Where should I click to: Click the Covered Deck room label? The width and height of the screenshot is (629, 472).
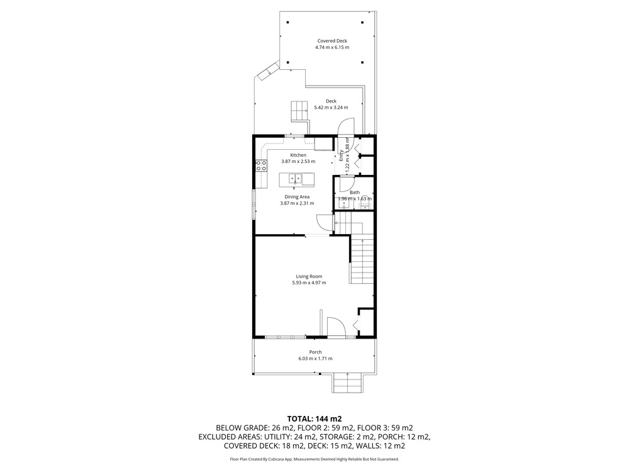[x=332, y=41]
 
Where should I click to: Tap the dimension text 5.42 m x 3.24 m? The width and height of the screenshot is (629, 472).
[x=331, y=108]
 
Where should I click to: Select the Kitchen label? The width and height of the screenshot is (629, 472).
[x=298, y=155]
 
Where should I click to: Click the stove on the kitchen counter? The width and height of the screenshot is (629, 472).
[x=262, y=166]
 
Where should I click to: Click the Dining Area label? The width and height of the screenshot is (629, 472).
[x=297, y=196]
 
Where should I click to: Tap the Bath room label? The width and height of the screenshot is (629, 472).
[x=355, y=192]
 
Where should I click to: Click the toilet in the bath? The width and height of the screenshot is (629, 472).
[x=364, y=206]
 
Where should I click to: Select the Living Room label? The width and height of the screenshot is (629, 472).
[x=309, y=276]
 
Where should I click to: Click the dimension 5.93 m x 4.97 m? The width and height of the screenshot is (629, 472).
[x=309, y=283]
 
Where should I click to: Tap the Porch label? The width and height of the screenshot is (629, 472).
[x=315, y=352]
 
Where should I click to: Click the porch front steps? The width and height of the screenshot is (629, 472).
[x=347, y=383]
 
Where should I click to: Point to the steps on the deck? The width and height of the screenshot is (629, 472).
[x=299, y=111]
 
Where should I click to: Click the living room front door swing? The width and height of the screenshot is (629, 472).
[x=336, y=326]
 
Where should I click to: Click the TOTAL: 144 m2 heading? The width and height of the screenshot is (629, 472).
[x=314, y=419]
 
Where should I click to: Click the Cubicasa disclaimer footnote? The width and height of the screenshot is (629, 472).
[x=314, y=459]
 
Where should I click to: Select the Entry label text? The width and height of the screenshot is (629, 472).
[x=341, y=155]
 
